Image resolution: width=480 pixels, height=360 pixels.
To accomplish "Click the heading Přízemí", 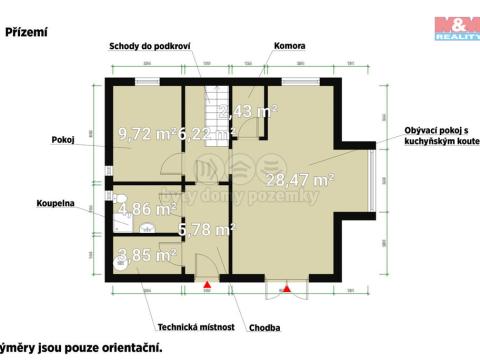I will tap(27, 32).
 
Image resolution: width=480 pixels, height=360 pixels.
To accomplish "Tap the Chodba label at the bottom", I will tap(266, 327).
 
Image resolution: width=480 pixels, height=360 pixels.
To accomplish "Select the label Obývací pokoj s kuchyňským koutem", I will tap(437, 136).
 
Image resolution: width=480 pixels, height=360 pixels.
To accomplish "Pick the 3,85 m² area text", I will tap(147, 255).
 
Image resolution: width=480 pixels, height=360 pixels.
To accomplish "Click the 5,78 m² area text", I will tap(205, 230).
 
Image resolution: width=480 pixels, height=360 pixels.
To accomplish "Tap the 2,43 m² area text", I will tap(247, 110).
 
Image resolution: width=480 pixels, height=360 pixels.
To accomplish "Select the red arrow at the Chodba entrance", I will tap(208, 287).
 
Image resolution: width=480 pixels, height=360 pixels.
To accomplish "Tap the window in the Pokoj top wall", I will tap(147, 80).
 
